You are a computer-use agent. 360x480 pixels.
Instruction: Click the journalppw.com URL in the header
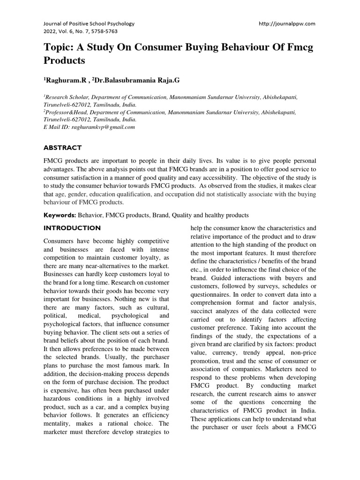click(x=287, y=23)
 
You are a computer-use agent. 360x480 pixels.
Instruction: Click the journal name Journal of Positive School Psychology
click(x=89, y=23)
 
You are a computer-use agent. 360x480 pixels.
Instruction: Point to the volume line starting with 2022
click(x=81, y=31)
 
